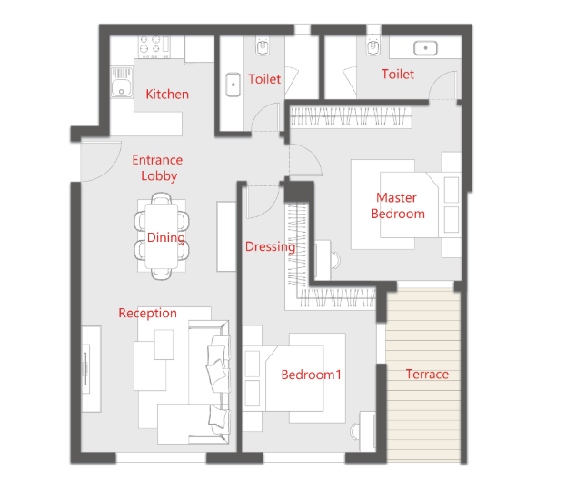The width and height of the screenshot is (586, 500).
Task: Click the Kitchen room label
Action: point(167,95)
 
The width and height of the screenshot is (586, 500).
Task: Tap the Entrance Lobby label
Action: point(158,168)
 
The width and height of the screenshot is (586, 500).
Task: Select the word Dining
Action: point(166,238)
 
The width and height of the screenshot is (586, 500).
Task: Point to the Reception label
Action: point(147,314)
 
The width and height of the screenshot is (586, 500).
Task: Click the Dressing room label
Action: point(270,247)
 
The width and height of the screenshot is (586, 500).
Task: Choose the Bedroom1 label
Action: point(312,375)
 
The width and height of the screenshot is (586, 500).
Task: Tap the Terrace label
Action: point(427,375)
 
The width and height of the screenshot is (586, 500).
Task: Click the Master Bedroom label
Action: point(398,205)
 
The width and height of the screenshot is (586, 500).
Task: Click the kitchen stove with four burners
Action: point(154,46)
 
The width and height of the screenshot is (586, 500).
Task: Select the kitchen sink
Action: point(122,83)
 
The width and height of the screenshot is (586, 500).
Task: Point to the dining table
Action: point(162,236)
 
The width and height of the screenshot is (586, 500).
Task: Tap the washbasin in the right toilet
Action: point(425,48)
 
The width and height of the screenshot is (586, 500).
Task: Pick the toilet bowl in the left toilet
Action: point(263,46)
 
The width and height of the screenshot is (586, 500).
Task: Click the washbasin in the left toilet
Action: point(233,85)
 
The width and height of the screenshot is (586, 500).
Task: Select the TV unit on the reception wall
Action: point(91,369)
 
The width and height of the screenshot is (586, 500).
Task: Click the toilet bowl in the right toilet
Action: point(372,46)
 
